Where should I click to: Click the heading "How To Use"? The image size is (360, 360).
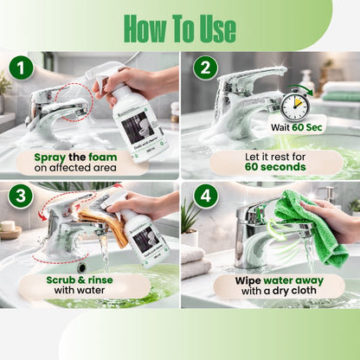click(179, 27)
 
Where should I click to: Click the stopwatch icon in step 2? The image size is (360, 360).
click(294, 104)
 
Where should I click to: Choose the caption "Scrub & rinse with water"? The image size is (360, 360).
click(84, 286)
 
